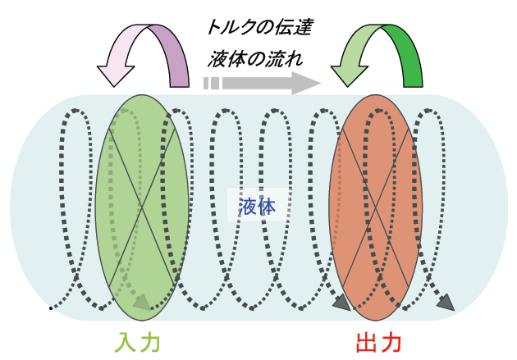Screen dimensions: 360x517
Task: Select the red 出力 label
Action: pos(378,340)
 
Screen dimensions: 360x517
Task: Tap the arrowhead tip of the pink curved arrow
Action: pos(115,87)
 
